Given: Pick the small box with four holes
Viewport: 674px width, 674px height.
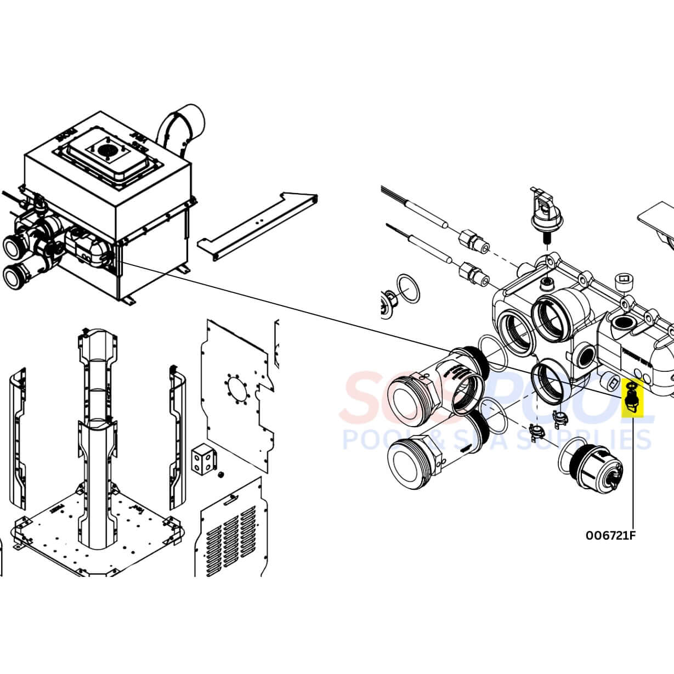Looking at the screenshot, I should [x=204, y=457].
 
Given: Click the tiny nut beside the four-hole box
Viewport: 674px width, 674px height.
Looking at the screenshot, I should [x=221, y=473].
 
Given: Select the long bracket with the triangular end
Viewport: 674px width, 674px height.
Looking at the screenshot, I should [x=258, y=225].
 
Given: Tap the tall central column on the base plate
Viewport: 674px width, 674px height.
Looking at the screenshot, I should [x=98, y=439].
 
